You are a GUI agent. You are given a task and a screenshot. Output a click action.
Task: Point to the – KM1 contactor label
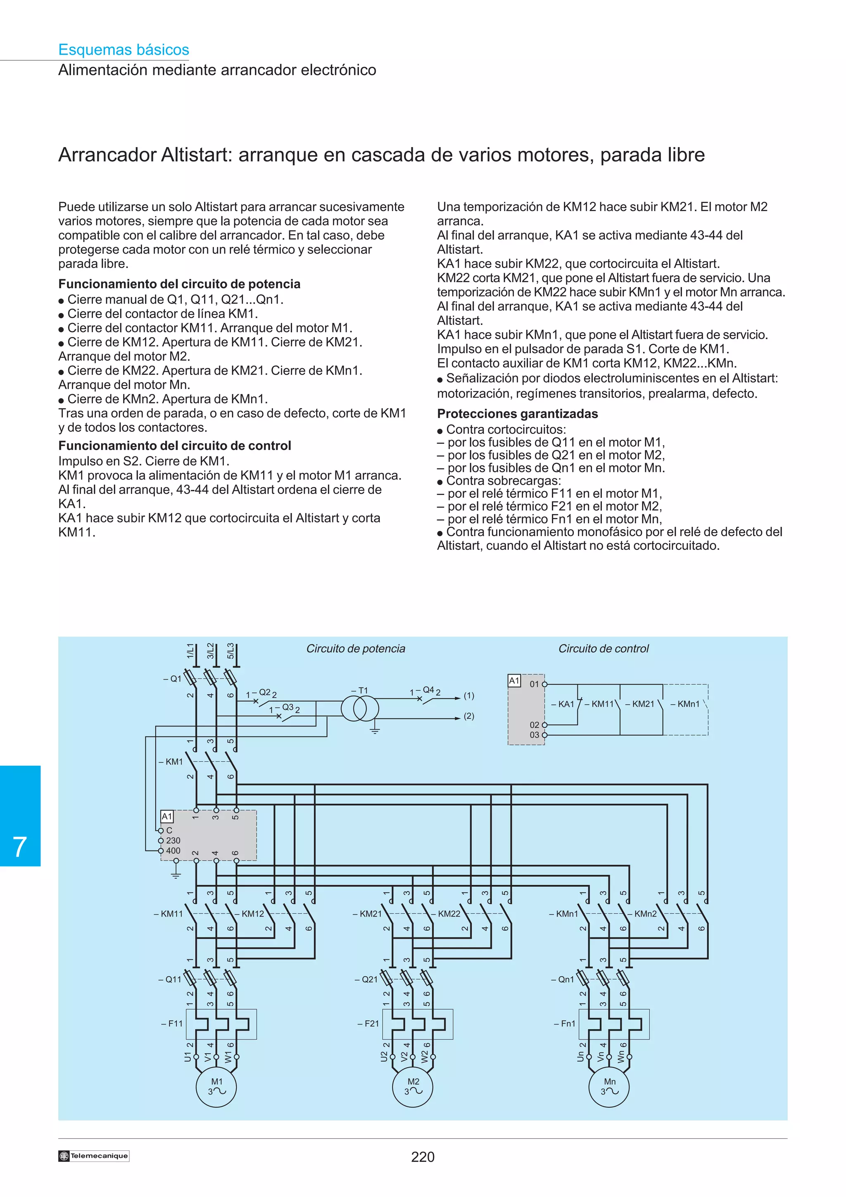coord(171,762)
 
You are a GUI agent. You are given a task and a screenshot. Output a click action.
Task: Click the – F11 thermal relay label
coord(172,1024)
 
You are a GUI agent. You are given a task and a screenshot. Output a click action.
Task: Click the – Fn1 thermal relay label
coord(565,1024)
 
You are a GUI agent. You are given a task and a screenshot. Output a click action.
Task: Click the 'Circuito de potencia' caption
coord(356,648)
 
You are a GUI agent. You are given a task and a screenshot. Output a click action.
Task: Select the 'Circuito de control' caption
coord(604,648)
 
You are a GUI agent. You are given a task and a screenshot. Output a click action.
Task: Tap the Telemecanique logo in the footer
coord(94,1156)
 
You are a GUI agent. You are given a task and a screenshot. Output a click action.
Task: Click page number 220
coord(423,1157)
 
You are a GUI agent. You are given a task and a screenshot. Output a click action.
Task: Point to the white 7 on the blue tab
coord(20,846)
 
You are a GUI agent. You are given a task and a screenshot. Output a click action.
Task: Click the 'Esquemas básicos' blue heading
coord(124,50)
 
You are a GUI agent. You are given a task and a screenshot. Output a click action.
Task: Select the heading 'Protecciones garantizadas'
coord(517,413)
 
